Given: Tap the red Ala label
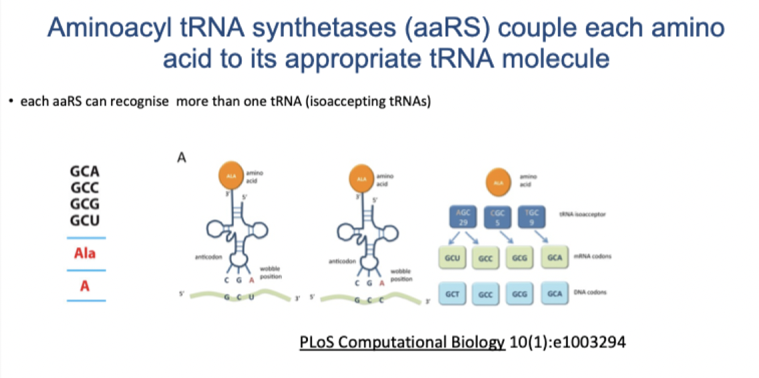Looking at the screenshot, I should [x=85, y=254].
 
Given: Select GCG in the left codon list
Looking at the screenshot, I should [x=85, y=204].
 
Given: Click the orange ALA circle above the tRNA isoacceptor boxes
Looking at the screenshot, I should [x=496, y=182].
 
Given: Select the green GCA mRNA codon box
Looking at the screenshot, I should [x=554, y=256].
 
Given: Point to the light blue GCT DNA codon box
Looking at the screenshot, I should [x=451, y=293].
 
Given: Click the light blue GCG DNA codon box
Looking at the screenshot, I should [x=520, y=293].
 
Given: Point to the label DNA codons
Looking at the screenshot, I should [x=587, y=293].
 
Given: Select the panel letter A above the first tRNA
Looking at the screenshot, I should [x=180, y=158].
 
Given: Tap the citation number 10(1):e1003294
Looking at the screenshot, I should [x=567, y=343].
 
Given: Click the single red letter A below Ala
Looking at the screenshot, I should [x=85, y=286].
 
